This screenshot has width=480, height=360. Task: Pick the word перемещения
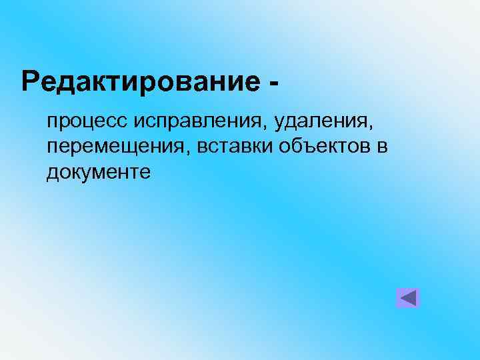[117, 147]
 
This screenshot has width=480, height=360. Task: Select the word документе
[99, 172]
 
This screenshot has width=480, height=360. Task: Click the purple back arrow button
[407, 297]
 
